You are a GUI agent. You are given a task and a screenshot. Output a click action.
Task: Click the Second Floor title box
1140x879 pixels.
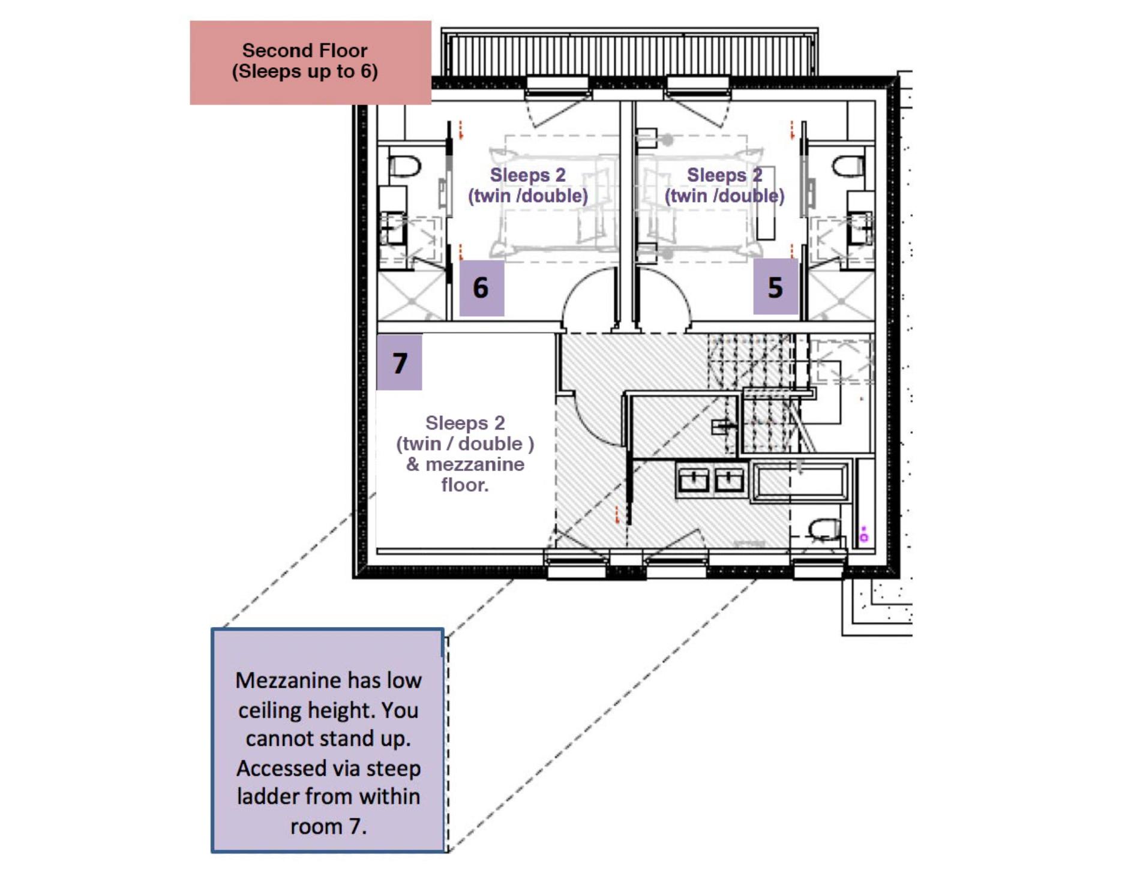coord(310,62)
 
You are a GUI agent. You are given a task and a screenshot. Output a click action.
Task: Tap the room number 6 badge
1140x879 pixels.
coord(481,287)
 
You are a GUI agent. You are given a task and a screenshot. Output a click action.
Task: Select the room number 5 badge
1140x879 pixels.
coord(775,287)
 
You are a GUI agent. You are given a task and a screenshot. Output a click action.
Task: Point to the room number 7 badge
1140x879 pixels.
coord(399,362)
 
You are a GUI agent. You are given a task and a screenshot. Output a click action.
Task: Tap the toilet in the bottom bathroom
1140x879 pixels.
coord(824,530)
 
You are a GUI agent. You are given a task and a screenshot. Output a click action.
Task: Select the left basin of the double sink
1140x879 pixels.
coord(694,480)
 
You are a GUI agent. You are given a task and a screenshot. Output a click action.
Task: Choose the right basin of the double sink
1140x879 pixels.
coord(729,480)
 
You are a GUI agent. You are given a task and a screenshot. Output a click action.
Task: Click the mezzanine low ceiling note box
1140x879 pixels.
coord(328,740)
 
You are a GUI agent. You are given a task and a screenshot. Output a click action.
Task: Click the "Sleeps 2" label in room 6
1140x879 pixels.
coord(527,175)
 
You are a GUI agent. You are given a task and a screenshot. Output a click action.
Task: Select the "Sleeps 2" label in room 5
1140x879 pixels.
coord(724,175)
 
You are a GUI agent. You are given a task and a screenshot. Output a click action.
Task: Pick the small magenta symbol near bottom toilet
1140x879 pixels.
coord(863,535)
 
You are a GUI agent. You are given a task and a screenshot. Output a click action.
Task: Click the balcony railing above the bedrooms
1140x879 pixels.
coord(629,54)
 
